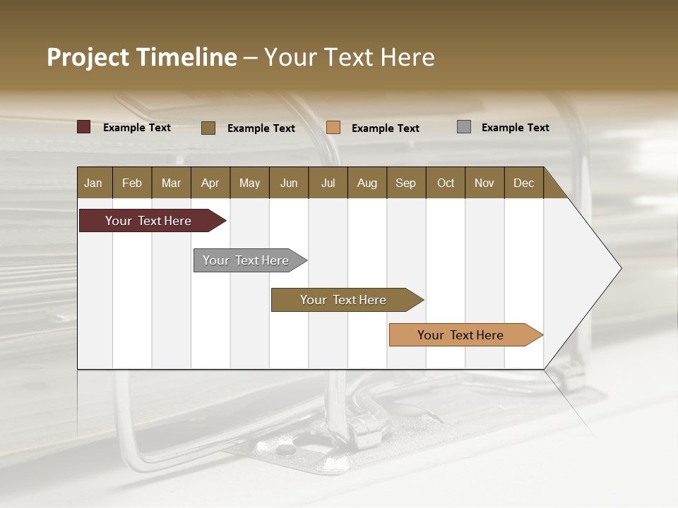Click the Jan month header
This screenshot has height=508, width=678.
[x=93, y=183]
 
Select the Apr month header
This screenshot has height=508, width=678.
[x=210, y=183]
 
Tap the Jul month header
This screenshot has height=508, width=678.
[x=328, y=183]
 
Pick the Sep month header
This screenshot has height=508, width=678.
[x=405, y=183]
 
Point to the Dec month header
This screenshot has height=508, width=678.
[x=523, y=183]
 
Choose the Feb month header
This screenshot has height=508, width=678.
[x=132, y=183]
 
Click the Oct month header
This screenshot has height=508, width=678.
[x=446, y=183]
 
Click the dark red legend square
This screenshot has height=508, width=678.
[x=84, y=127]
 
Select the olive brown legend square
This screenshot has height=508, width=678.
[x=208, y=128]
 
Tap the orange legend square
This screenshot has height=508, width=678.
[x=333, y=128]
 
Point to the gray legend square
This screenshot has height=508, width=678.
[x=464, y=127]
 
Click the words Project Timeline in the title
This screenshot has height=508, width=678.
[x=141, y=57]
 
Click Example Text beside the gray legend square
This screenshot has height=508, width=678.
[x=515, y=128]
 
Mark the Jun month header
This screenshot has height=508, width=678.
[x=289, y=183]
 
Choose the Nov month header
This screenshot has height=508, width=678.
[x=484, y=183]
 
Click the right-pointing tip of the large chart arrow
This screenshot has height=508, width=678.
[x=619, y=268]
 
